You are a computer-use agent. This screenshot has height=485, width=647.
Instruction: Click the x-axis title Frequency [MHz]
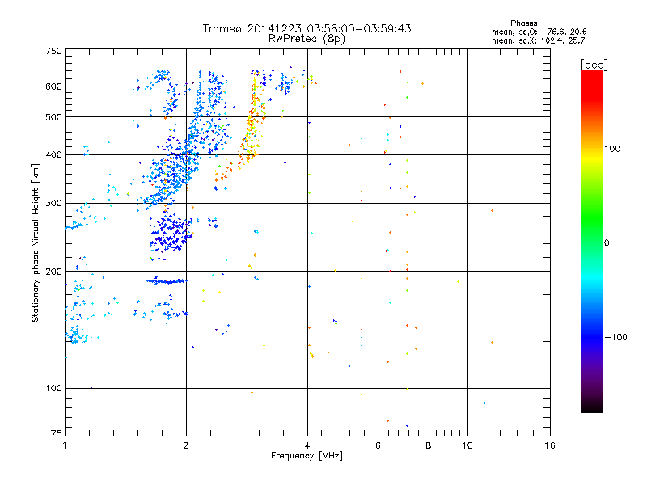[x=307, y=456]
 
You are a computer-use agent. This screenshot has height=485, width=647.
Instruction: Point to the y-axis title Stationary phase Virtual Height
[x=36, y=242]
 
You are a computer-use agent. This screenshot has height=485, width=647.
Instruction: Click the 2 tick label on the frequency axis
[x=186, y=445]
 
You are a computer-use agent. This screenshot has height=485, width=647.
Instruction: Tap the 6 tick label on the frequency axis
[x=378, y=445]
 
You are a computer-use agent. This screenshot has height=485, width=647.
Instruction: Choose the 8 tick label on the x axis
[x=429, y=445]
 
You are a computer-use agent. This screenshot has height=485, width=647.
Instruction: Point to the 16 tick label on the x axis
[x=549, y=445]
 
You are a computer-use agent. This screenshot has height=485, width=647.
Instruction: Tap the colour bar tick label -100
[x=615, y=337]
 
